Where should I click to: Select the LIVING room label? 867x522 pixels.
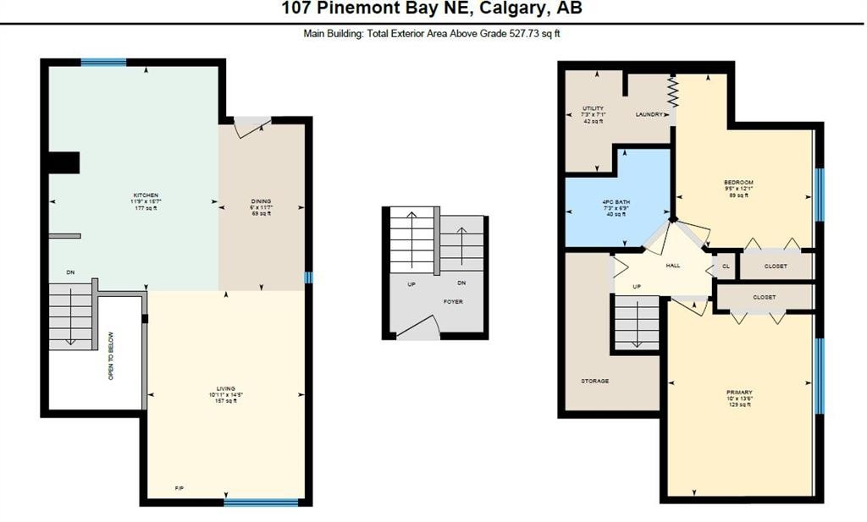click(x=225, y=388)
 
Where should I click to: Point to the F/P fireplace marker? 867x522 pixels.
click(x=179, y=489)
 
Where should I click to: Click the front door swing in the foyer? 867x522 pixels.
click(x=418, y=329)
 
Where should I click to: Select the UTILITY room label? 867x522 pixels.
click(x=593, y=108)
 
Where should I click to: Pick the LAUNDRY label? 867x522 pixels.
click(x=649, y=114)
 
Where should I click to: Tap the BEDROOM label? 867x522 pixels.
click(x=738, y=183)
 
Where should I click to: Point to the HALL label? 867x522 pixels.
click(x=673, y=266)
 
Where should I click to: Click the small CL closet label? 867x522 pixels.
click(x=726, y=266)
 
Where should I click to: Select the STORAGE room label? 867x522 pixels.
click(x=594, y=382)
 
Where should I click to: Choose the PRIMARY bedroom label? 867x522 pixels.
click(x=738, y=393)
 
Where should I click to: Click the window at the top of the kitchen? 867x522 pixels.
click(x=103, y=62)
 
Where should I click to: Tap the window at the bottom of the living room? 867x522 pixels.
click(x=261, y=503)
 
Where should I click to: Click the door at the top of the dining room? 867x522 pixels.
click(x=252, y=126)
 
